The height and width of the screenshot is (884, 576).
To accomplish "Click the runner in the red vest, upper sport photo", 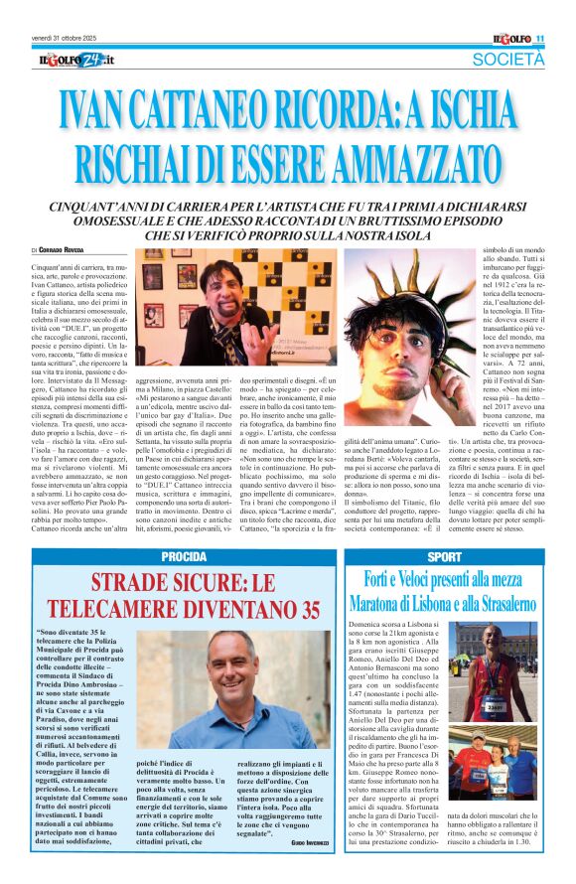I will tap(496, 671).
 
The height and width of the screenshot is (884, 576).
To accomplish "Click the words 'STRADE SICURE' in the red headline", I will tap(164, 583).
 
